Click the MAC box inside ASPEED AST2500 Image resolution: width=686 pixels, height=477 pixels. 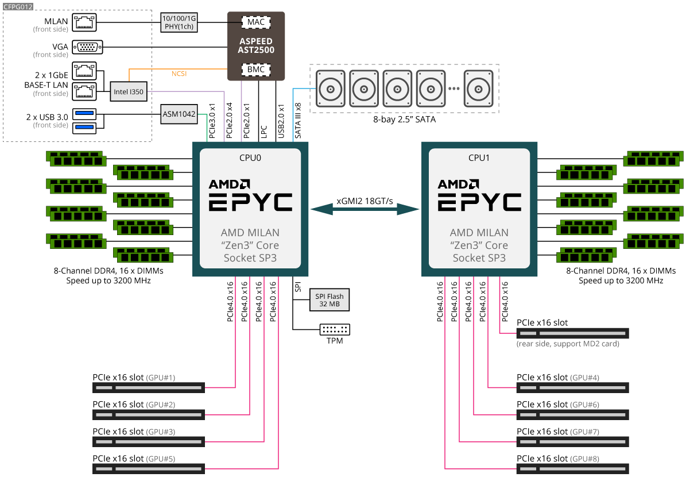256,22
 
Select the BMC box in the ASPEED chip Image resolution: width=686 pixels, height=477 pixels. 256,70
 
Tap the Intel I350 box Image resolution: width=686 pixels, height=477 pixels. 129,91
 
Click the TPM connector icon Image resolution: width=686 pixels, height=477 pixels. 335,330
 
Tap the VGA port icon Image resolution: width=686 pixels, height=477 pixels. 88,47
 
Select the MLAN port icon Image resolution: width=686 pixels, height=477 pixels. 84,22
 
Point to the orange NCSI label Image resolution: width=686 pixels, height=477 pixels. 179,74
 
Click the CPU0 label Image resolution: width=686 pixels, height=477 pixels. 250,157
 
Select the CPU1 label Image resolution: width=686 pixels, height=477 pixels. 479,157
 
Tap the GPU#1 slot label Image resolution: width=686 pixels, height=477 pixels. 161,378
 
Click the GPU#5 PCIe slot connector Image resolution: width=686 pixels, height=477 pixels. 149,469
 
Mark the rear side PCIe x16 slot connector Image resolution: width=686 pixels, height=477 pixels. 572,333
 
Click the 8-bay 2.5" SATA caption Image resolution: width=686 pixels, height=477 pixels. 405,120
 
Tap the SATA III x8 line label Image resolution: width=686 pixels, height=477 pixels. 298,121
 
